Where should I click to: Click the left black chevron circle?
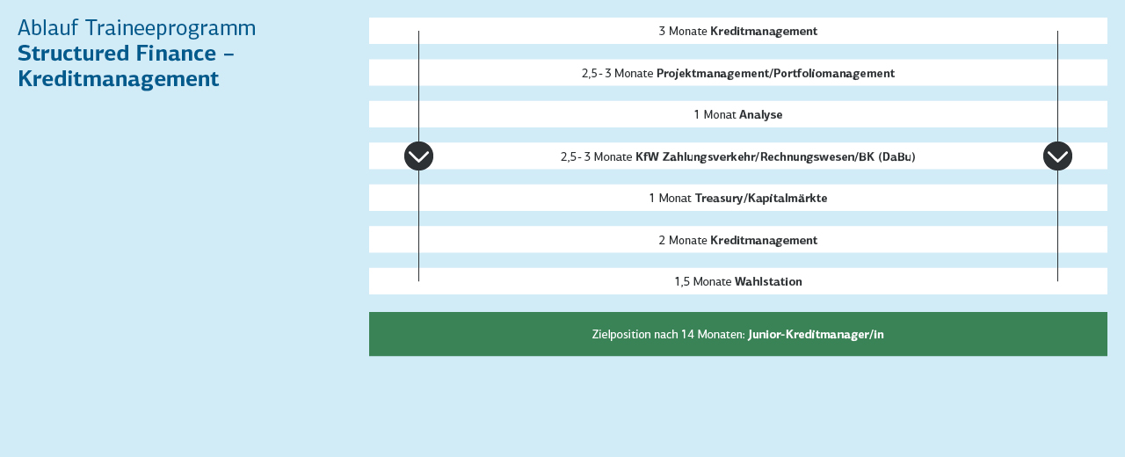pyautogui.click(x=419, y=156)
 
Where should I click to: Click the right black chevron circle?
pyautogui.click(x=1057, y=156)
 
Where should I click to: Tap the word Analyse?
pyautogui.click(x=760, y=115)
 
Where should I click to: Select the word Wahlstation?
pyautogui.click(x=768, y=282)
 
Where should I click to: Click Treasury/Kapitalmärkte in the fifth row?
pyautogui.click(x=761, y=199)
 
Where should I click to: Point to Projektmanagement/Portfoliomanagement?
pyautogui.click(x=775, y=74)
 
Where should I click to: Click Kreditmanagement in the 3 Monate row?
pyautogui.click(x=764, y=31)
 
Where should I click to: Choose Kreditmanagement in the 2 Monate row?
pyautogui.click(x=764, y=241)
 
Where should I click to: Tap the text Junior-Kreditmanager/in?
pyautogui.click(x=816, y=335)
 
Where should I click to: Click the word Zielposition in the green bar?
pyautogui.click(x=621, y=335)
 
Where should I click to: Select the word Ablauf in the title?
pyautogui.click(x=47, y=28)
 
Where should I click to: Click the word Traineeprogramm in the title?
pyautogui.click(x=171, y=29)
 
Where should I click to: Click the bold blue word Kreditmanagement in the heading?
pyautogui.click(x=119, y=79)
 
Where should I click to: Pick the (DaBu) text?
pyautogui.click(x=896, y=157)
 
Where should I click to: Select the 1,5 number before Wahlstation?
pyautogui.click(x=682, y=282)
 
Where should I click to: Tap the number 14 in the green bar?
pyautogui.click(x=687, y=335)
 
